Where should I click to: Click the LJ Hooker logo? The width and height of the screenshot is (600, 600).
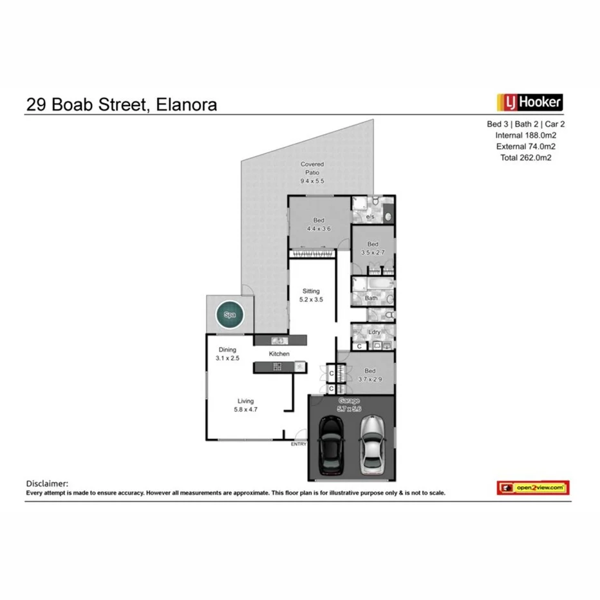point(529,102)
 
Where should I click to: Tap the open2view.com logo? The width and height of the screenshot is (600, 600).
point(532,488)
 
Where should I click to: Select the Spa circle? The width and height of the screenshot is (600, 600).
point(230,315)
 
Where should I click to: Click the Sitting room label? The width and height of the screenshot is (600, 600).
point(310,295)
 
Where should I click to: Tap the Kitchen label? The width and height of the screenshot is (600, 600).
point(279,354)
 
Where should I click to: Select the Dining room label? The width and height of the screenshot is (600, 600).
point(227,354)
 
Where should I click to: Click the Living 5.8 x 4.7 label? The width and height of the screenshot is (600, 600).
point(245,405)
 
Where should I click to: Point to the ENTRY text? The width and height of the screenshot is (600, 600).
point(299,444)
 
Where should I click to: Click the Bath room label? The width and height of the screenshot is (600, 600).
point(371,298)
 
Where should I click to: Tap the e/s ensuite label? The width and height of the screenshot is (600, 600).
point(370,217)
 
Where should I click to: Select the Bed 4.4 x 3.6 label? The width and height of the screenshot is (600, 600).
point(319,224)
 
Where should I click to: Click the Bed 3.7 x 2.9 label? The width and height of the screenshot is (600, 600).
point(370,375)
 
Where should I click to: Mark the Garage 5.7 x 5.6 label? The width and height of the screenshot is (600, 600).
point(350,404)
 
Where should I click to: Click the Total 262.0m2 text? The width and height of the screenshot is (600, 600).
point(526,157)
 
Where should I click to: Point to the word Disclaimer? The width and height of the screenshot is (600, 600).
point(47,483)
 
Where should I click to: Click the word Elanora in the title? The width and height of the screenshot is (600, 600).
point(187,104)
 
